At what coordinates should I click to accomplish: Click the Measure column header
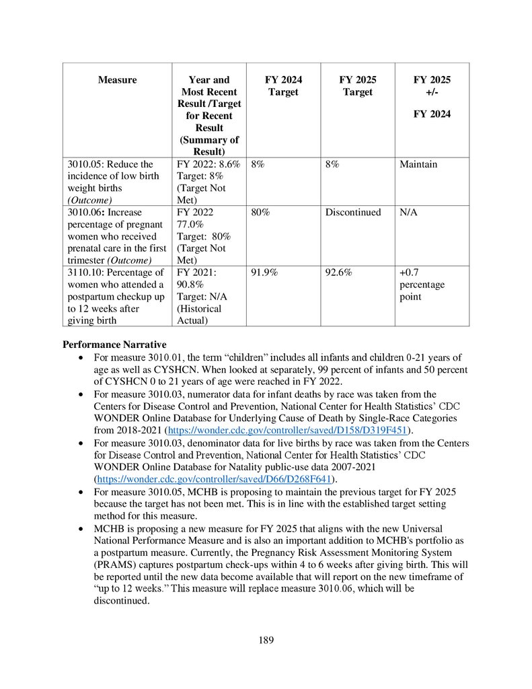117,80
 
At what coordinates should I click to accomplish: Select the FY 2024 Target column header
283,86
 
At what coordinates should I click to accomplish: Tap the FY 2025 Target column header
357,86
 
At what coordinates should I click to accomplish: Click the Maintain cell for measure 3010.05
418,164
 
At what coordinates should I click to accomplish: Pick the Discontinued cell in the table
353,213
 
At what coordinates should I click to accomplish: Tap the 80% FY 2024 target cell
260,213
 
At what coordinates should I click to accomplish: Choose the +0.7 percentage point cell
422,285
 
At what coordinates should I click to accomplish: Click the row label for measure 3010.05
116,182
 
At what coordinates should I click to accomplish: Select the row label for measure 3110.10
116,297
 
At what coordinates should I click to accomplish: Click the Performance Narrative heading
114,345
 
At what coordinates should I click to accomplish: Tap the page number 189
266,640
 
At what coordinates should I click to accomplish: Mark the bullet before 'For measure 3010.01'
81,358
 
